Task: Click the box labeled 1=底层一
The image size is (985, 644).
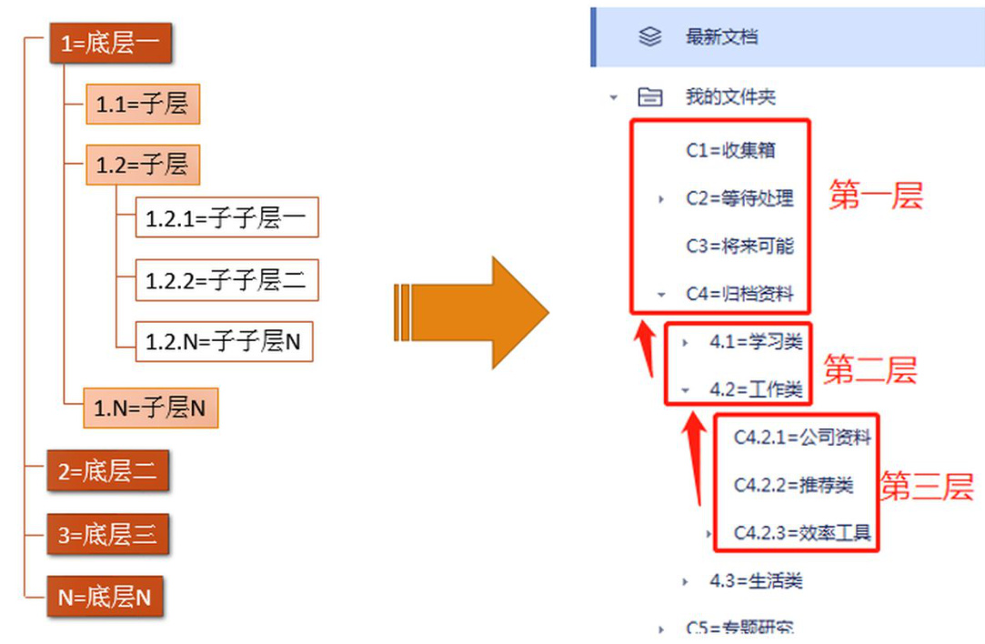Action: [x=110, y=44]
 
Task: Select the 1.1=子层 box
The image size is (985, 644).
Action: [x=142, y=105]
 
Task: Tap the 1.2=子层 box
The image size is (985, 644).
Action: [x=142, y=165]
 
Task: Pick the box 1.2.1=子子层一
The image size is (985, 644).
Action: [x=226, y=218]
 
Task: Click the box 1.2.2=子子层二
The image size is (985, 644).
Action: [x=226, y=280]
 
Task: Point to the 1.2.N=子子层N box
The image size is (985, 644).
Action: [x=223, y=342]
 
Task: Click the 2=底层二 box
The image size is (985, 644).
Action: [x=107, y=471]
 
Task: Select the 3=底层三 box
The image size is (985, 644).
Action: [x=107, y=535]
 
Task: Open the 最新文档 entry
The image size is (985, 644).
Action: [x=721, y=37]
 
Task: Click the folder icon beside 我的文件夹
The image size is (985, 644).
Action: [x=649, y=97]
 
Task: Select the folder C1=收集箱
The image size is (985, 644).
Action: [x=730, y=150]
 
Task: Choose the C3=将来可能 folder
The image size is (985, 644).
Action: [x=739, y=247]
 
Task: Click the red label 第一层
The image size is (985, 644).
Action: [x=875, y=196]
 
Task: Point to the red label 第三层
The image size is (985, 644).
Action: [x=926, y=488]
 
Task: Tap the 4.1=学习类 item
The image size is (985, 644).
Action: [x=755, y=342]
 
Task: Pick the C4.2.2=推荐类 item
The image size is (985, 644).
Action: [x=793, y=485]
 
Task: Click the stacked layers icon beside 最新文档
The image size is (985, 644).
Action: [x=649, y=37]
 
